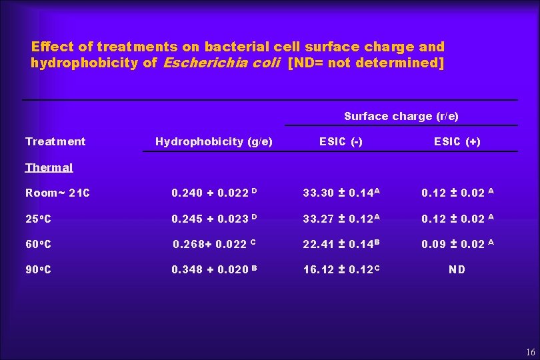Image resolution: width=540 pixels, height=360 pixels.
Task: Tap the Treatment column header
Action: click(x=55, y=141)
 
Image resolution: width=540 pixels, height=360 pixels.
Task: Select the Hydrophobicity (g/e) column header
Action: click(x=213, y=141)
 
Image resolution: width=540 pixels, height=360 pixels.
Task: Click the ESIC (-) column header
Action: click(x=341, y=141)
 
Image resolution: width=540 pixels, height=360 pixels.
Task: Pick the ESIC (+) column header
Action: click(x=457, y=141)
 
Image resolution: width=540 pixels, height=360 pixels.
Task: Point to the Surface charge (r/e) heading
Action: click(x=401, y=116)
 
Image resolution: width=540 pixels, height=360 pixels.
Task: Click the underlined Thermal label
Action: click(x=49, y=167)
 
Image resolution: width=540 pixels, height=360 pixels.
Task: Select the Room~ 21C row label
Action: click(x=57, y=193)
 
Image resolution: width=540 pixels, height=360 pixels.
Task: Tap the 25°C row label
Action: click(x=38, y=219)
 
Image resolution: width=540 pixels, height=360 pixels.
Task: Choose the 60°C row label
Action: click(x=38, y=244)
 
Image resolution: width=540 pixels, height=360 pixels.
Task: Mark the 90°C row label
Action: click(x=38, y=269)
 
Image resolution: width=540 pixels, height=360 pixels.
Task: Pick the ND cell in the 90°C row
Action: click(x=457, y=269)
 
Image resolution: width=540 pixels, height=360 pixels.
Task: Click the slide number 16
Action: click(x=531, y=352)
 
